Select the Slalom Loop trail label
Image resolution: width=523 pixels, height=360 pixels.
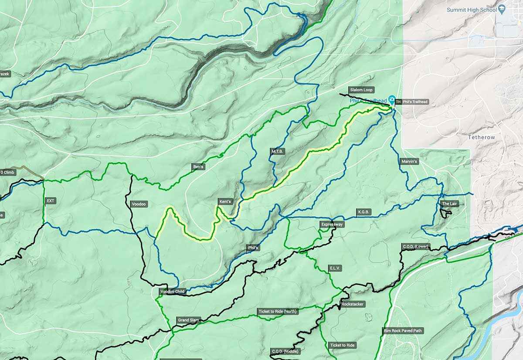[361, 90]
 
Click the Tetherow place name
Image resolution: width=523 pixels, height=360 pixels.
[482, 137]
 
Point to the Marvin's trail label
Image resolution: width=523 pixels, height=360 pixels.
[409, 162]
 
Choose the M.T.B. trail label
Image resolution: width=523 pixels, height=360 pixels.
[278, 151]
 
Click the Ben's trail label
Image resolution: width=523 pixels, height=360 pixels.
[198, 166]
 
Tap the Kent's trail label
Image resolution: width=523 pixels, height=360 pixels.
[225, 202]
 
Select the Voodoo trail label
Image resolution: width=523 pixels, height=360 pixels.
[139, 204]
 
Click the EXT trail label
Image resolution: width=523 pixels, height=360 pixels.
[51, 201]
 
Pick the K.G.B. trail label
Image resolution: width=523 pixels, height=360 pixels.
[363, 212]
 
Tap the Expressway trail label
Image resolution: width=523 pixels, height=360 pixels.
[332, 224]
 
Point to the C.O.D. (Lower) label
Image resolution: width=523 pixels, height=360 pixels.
[415, 247]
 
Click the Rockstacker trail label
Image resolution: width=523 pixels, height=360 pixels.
[353, 304]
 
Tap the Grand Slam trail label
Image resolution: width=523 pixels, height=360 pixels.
[188, 320]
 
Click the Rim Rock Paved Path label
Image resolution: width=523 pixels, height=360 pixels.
[403, 330]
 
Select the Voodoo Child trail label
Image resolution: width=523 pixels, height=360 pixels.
[173, 291]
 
